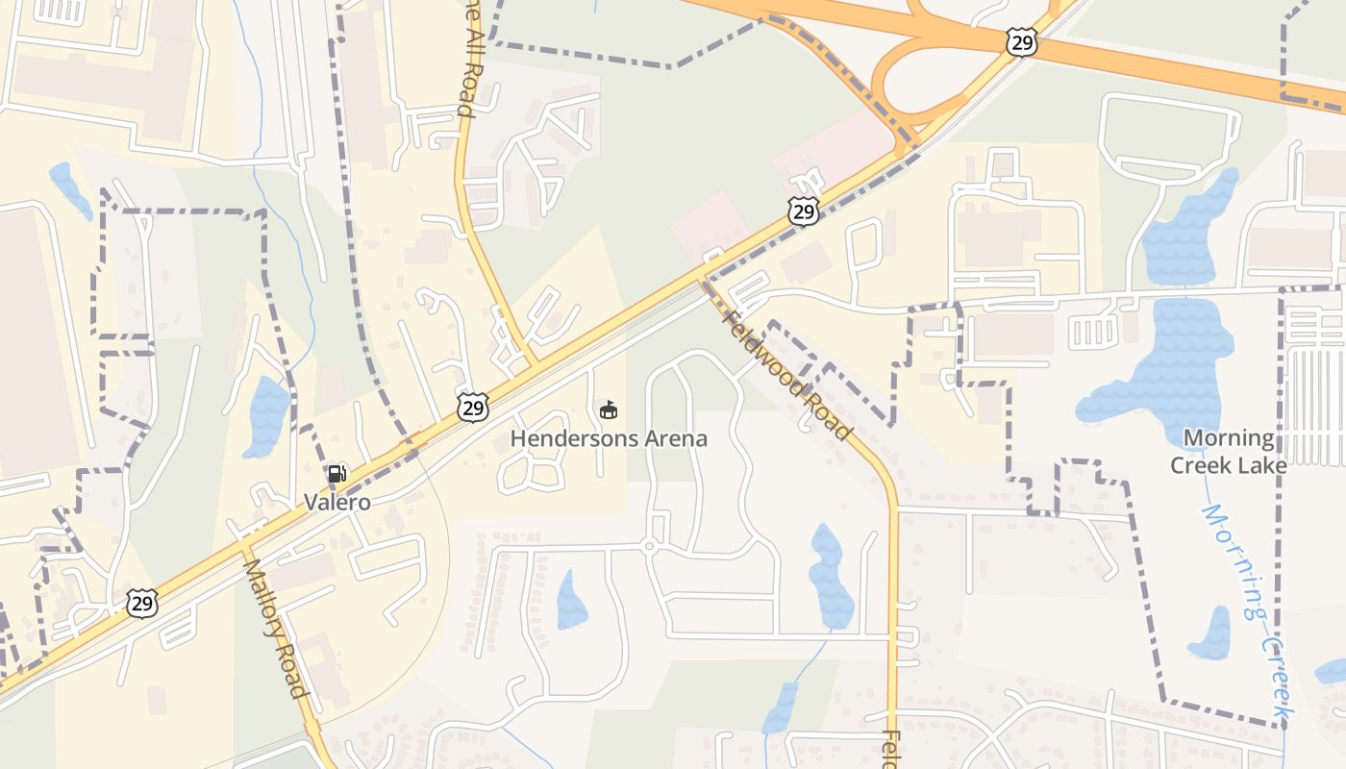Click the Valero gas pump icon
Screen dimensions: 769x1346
(x=336, y=473)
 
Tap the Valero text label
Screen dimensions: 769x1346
(x=336, y=502)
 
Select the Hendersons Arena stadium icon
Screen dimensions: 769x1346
(x=609, y=410)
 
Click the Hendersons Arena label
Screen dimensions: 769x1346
(x=609, y=439)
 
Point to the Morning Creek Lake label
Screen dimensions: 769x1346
(x=1228, y=452)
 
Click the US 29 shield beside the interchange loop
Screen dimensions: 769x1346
(x=1022, y=41)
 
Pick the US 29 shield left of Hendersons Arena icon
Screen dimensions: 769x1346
(x=472, y=408)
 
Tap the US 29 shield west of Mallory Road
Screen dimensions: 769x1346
(x=141, y=604)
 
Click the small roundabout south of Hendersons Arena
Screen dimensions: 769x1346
(x=649, y=547)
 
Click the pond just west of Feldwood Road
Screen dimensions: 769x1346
(x=831, y=577)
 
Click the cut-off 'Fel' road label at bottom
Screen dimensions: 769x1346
(x=891, y=750)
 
